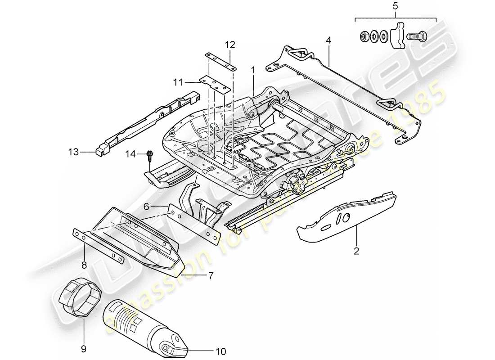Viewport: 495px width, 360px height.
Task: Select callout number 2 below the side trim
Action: [356, 251]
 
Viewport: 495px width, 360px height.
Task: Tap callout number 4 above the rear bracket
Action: [328, 40]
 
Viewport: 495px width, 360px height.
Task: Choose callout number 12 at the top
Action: [230, 45]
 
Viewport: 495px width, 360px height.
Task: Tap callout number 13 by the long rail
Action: [73, 153]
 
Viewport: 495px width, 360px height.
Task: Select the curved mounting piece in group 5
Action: [397, 35]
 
